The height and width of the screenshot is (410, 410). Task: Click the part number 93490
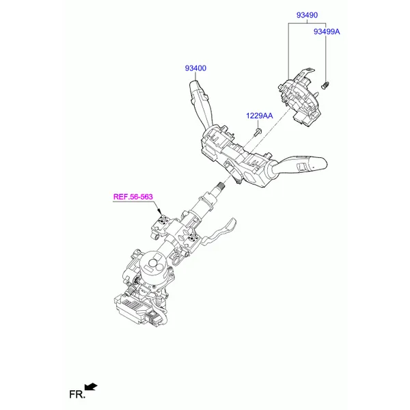pos(307,15)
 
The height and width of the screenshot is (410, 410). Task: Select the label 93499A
pos(327,31)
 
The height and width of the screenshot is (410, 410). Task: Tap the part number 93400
pos(195,68)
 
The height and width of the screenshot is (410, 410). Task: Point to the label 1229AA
pos(260,115)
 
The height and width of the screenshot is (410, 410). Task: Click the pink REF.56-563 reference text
pos(133,197)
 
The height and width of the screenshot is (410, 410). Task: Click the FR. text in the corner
pos(77,394)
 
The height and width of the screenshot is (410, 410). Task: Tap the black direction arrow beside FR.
pos(91,387)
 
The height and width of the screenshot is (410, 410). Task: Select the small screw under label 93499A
pos(325,85)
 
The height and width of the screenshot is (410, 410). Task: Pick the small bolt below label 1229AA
pos(258,132)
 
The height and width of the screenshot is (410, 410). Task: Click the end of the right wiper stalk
pos(323,163)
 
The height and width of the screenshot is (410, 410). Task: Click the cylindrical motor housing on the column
pos(154,264)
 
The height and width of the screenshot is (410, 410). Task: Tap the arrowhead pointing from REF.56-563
pos(159,212)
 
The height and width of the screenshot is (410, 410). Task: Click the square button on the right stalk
pos(303,167)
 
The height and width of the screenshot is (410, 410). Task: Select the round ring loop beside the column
pos(176,261)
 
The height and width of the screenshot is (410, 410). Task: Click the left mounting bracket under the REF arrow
pos(161,225)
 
